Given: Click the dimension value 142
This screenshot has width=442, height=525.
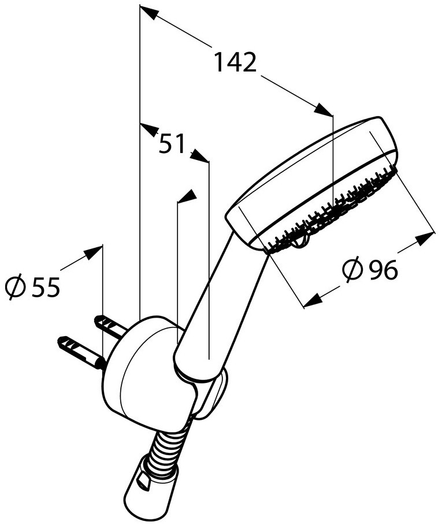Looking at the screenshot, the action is (235, 62).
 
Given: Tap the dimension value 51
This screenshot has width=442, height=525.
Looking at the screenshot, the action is (172, 144).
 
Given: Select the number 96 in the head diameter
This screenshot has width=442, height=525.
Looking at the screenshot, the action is (384, 269).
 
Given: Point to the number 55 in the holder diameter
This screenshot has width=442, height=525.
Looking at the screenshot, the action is (46, 286).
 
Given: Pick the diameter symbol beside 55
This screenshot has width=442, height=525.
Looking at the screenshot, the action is (16, 286).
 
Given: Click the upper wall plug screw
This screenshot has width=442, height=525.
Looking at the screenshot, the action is (110, 326).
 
